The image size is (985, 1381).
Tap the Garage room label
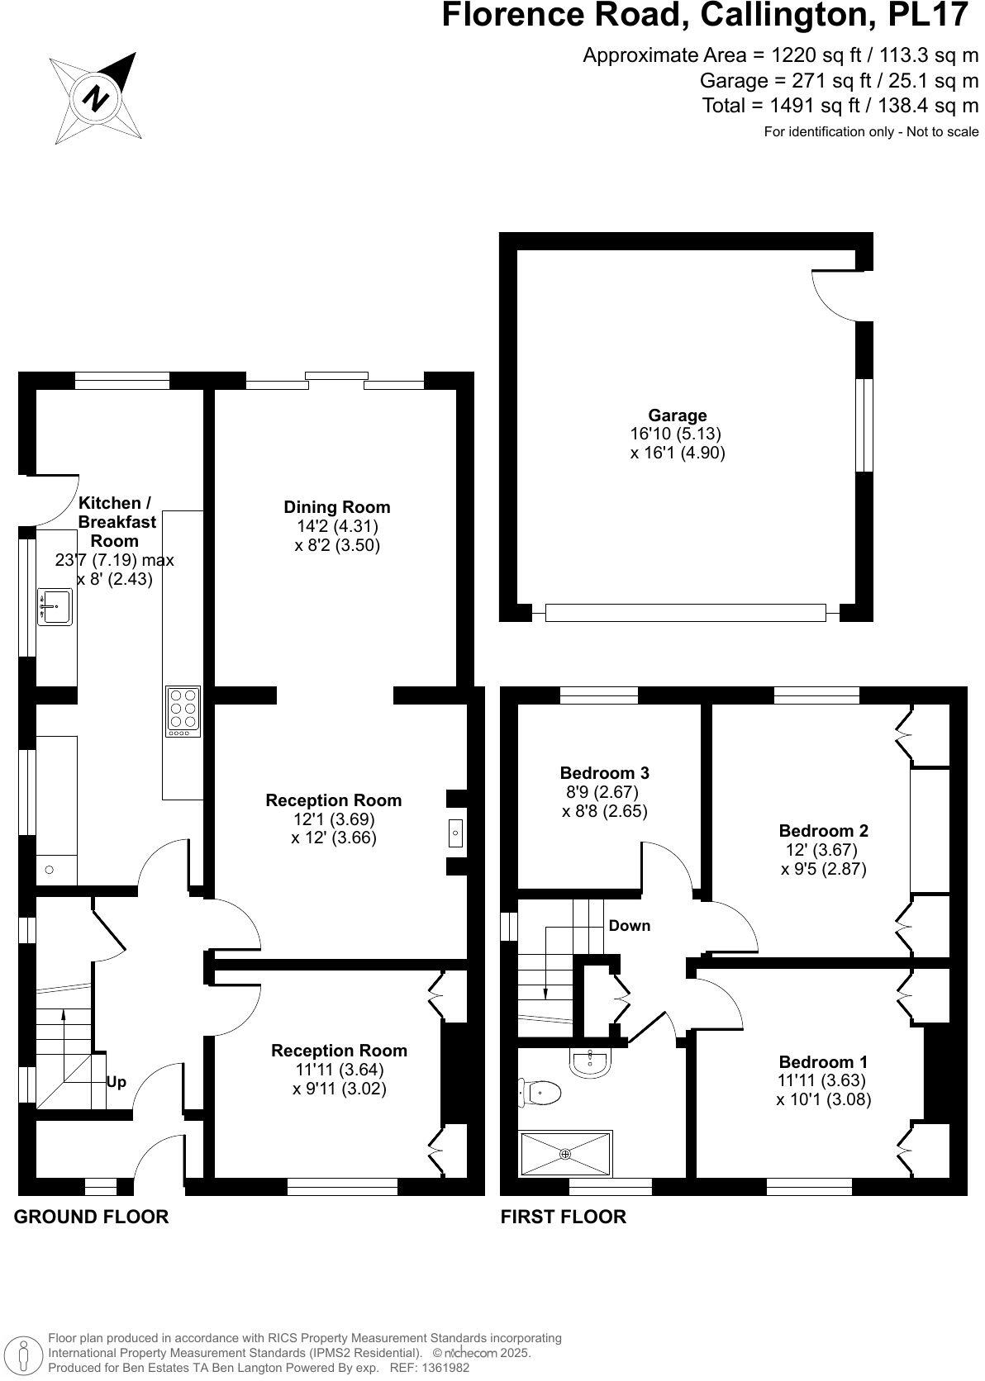click(677, 415)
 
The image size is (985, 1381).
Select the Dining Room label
click(336, 507)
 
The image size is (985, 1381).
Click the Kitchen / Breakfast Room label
click(114, 522)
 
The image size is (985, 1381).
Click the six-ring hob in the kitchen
click(183, 711)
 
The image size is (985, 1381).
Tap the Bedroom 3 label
click(604, 773)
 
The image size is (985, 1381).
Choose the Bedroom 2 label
click(823, 831)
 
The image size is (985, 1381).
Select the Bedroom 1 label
click(823, 1062)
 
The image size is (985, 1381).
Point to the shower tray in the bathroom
click(565, 1154)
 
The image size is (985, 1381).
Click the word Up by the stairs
click(117, 1082)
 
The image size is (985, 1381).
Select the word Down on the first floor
click(630, 926)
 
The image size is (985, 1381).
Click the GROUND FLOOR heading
click(92, 1217)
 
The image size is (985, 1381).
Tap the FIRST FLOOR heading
click(564, 1217)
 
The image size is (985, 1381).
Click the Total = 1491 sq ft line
click(840, 105)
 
